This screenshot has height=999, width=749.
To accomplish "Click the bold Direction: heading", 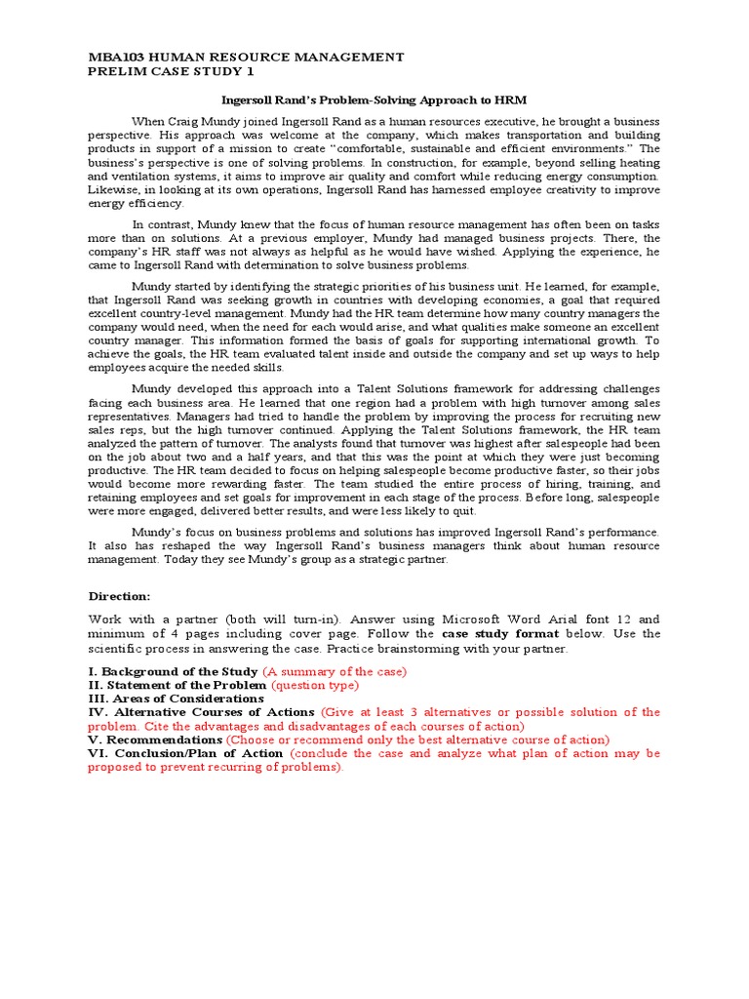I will (x=120, y=595).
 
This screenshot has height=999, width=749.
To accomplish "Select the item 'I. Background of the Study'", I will (x=173, y=671).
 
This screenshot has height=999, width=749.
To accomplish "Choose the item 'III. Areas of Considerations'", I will (x=176, y=699).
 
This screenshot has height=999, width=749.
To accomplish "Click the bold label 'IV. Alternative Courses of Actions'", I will (x=202, y=712).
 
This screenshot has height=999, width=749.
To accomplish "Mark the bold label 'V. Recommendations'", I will (x=154, y=739).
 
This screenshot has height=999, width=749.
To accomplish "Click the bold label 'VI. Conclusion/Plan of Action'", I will (x=185, y=753).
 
